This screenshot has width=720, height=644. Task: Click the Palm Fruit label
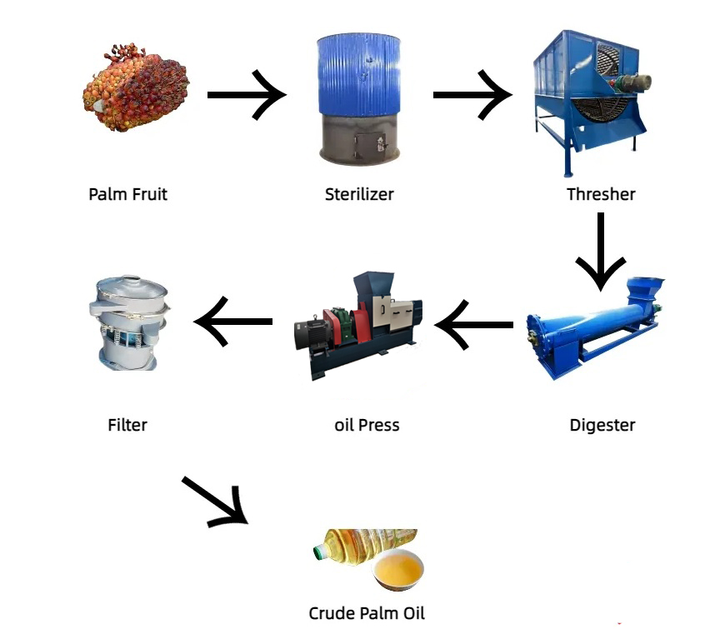click(127, 194)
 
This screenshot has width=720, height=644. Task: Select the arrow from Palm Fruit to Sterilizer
click(247, 94)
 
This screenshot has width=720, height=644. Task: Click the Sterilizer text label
click(359, 194)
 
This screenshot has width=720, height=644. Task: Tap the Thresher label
click(601, 194)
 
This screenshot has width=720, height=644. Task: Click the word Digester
click(602, 425)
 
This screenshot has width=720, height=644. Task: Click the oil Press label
click(366, 425)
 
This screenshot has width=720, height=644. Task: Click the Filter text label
click(127, 425)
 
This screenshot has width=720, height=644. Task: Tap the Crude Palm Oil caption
click(367, 613)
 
